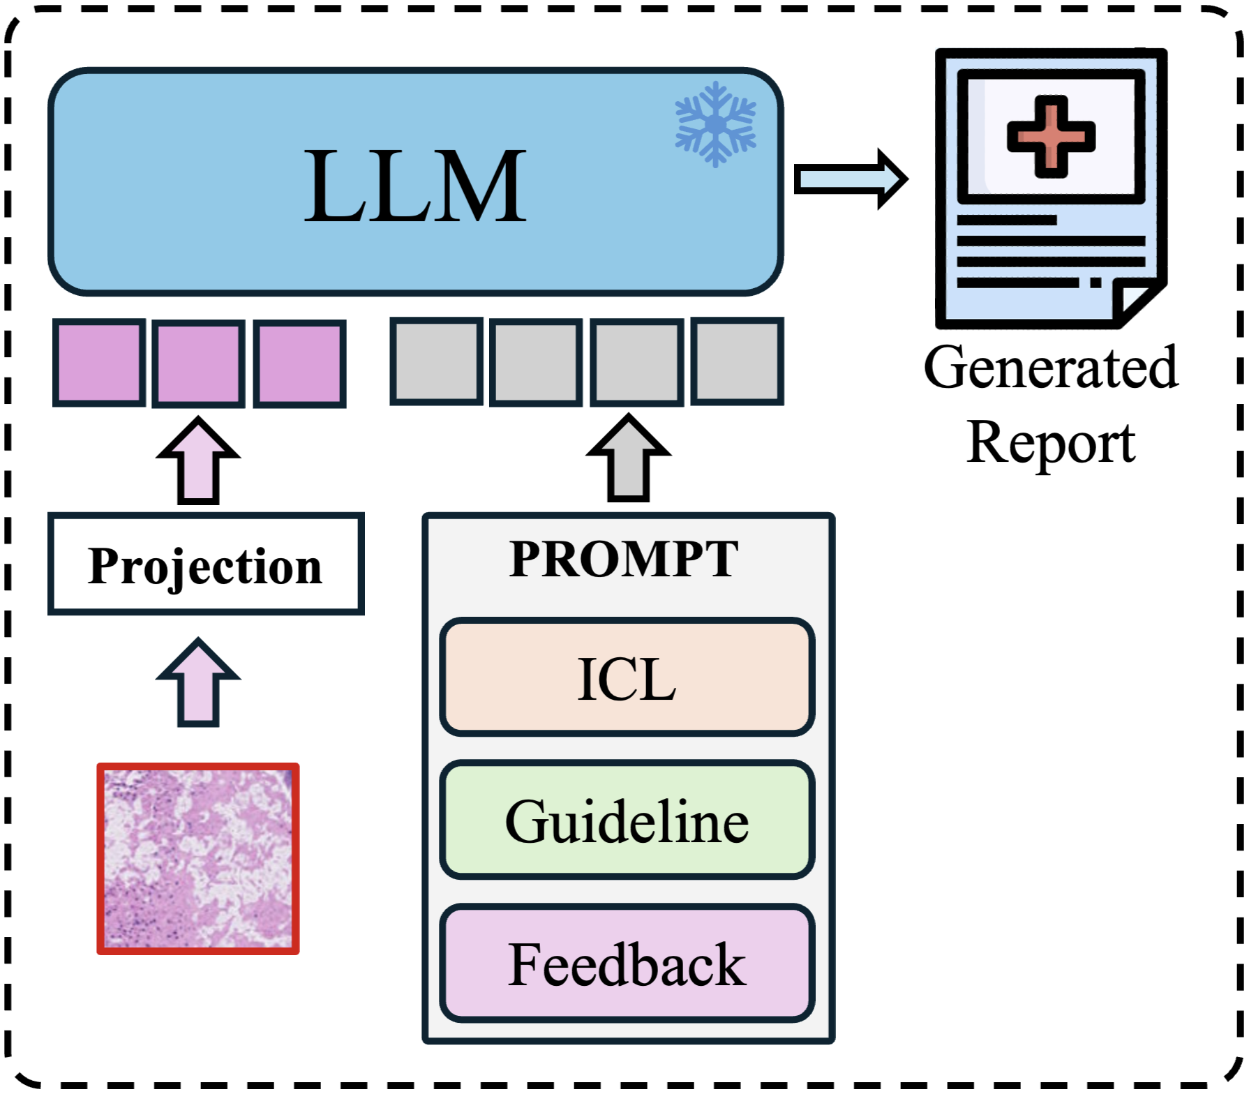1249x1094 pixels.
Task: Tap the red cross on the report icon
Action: coord(1051,136)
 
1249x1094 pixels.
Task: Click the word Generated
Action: coord(1051,368)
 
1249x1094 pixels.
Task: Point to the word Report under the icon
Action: coord(1051,443)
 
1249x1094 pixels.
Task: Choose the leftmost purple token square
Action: coord(99,363)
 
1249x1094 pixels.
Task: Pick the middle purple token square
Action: coord(199,363)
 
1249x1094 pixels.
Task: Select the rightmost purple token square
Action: coord(299,363)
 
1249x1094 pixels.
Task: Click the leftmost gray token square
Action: coord(436,361)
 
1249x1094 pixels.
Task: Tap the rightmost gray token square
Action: coord(737,361)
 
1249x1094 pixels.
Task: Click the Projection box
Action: coord(206,564)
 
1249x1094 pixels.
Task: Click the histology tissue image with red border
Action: coord(198,858)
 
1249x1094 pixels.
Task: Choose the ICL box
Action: coord(627,677)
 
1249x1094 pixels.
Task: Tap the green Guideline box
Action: coord(627,820)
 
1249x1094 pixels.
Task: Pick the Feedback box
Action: coord(627,964)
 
